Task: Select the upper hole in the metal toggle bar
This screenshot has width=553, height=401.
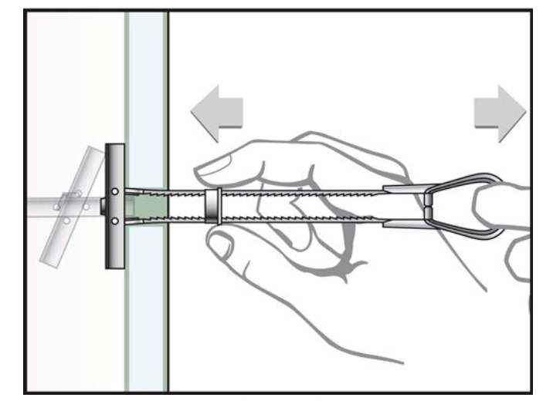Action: point(114,191)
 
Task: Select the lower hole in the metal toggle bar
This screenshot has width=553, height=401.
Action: point(114,221)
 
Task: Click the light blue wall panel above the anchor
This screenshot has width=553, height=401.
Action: point(147,93)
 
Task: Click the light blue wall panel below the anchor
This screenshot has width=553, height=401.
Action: point(147,324)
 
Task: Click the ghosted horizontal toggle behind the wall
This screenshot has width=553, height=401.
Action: point(46,207)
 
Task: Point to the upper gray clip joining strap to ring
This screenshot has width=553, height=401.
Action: point(406,190)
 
